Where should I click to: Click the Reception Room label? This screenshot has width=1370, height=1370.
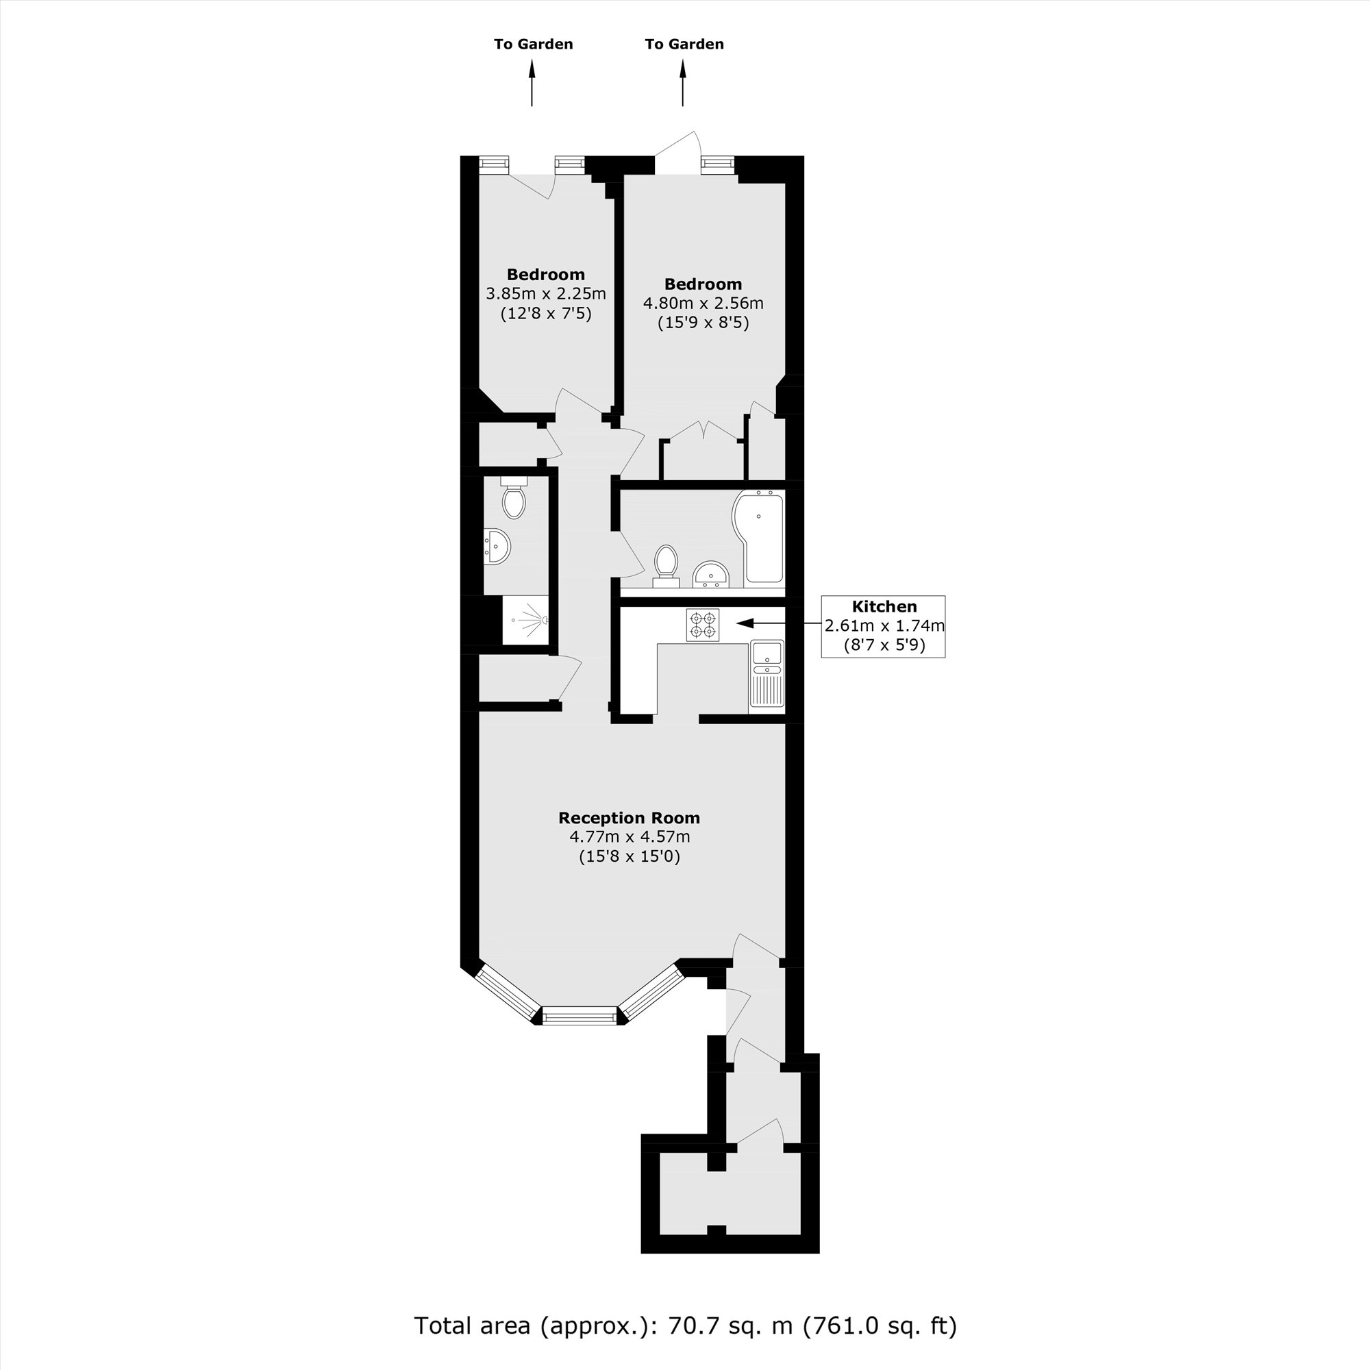tap(629, 818)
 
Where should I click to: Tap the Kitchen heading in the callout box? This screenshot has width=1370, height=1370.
tap(884, 606)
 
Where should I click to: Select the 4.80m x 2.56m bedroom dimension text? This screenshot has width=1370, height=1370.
tap(703, 303)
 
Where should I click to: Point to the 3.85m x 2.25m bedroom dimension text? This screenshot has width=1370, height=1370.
tap(545, 294)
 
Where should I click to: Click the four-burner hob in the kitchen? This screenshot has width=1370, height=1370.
tap(703, 625)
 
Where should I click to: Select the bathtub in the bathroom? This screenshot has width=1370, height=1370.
tap(758, 536)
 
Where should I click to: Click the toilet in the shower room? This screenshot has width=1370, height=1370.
tap(513, 497)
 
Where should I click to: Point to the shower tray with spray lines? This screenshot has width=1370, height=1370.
tap(525, 620)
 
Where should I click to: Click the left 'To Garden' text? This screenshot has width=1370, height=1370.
tap(533, 44)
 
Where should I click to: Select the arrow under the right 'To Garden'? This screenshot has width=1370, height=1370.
tap(683, 83)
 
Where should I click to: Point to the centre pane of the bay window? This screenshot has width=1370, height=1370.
tap(580, 1016)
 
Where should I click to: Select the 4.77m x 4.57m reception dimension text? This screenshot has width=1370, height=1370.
tap(630, 837)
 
